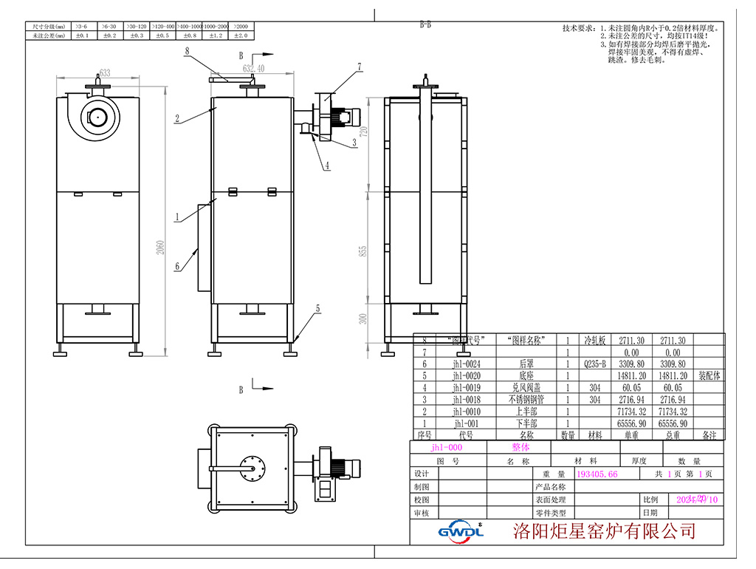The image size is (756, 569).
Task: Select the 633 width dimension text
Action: [x=104, y=72]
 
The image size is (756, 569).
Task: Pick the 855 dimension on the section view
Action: [x=362, y=251]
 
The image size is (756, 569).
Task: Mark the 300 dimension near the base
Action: [x=362, y=319]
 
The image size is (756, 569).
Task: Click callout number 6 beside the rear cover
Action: [x=177, y=265]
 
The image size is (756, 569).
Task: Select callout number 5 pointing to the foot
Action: [x=318, y=309]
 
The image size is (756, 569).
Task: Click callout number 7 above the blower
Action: [x=360, y=66]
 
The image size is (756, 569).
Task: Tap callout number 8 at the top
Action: [x=188, y=51]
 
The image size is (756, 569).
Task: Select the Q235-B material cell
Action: [x=594, y=364]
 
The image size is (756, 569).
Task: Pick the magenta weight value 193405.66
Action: [x=597, y=474]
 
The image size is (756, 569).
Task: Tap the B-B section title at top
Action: [x=425, y=24]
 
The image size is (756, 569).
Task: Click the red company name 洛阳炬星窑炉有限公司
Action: [x=604, y=531]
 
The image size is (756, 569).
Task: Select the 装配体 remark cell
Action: [x=709, y=375]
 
